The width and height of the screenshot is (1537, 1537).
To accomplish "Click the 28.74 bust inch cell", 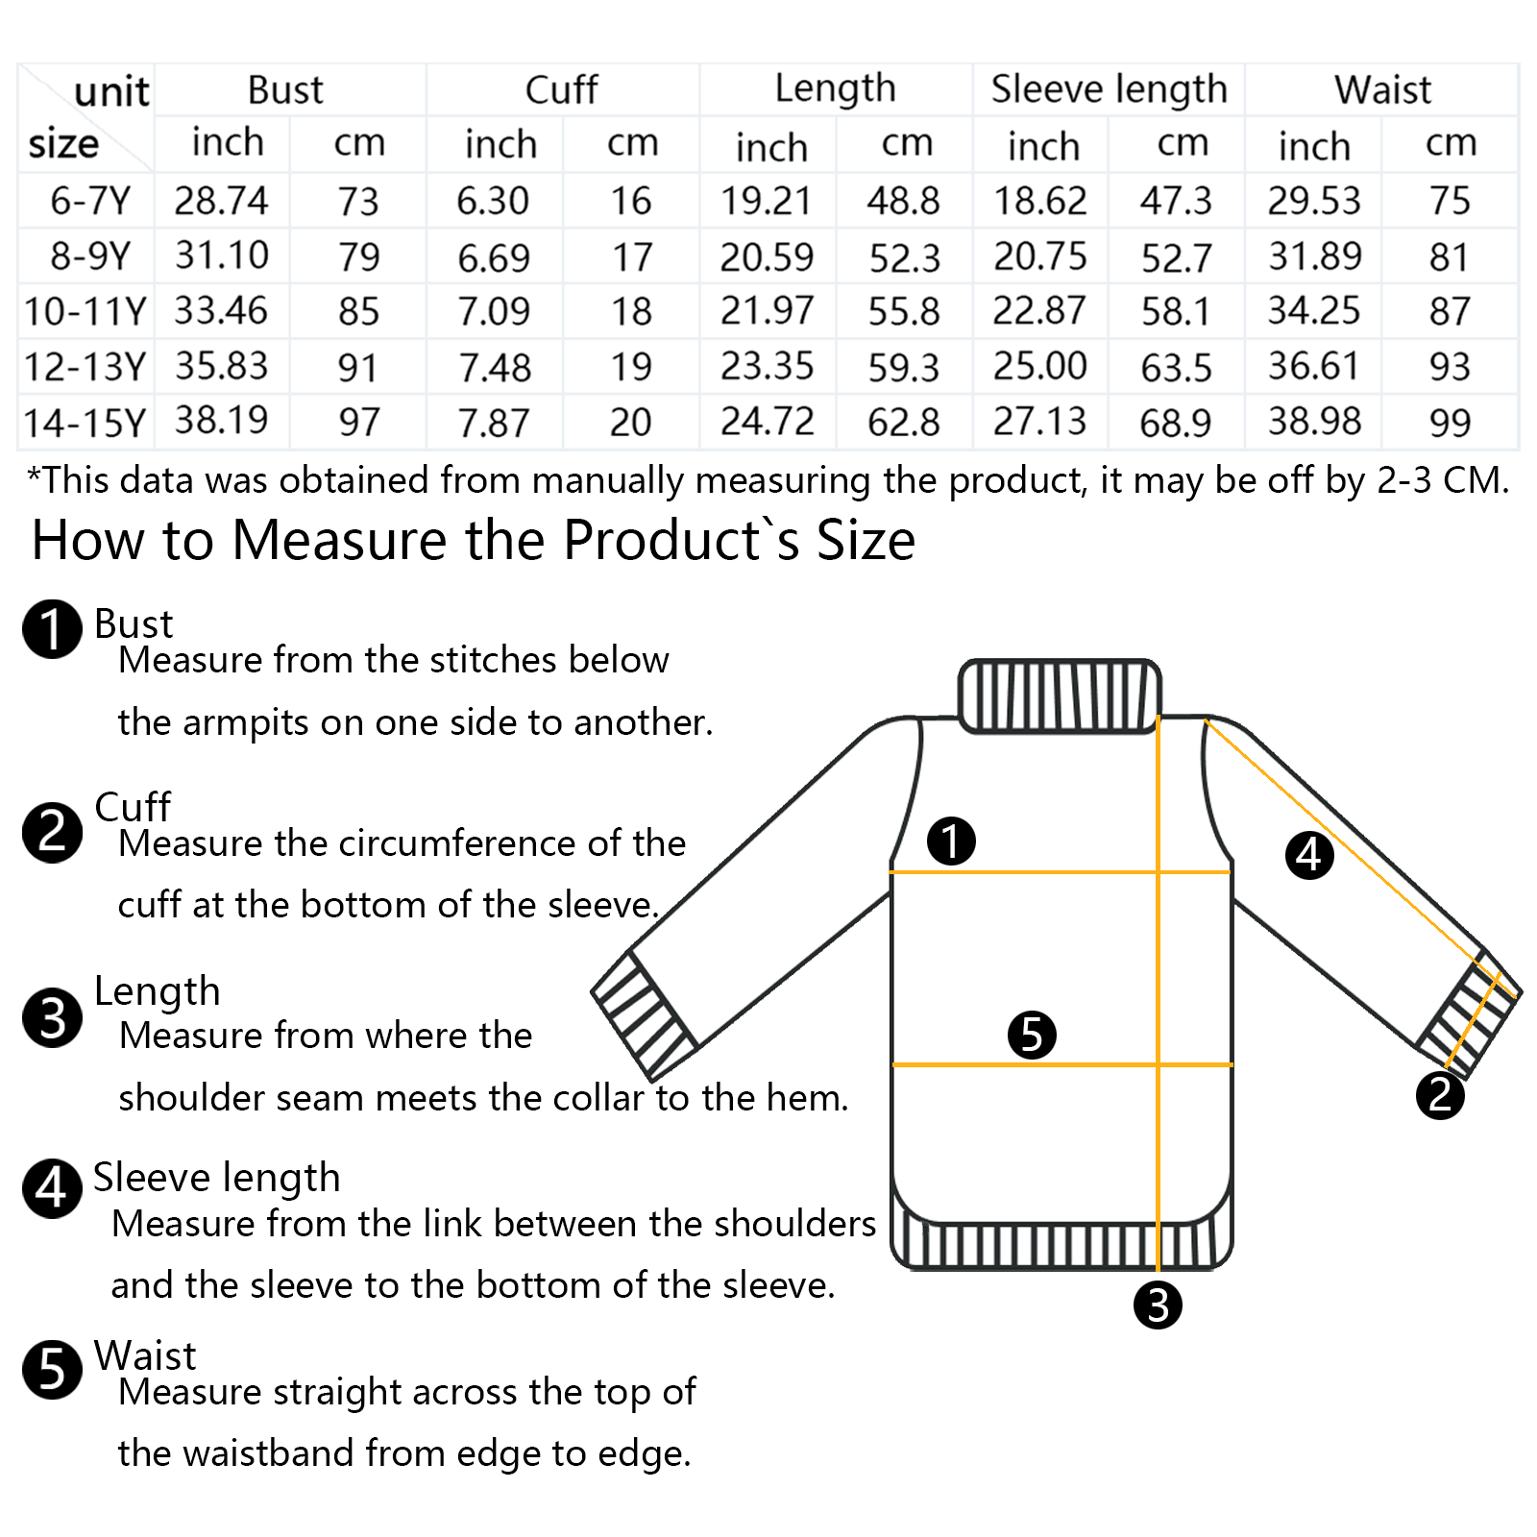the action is pos(221,201).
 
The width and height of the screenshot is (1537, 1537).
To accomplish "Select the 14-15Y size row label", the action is pos(85,423).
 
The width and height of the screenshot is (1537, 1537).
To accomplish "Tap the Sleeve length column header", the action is pos(1110,89).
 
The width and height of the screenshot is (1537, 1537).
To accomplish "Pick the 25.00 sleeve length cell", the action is pos(1040,366).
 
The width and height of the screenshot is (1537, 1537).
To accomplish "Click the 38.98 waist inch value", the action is pos(1314,422).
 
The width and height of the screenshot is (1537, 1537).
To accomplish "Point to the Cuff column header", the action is pos(562,89).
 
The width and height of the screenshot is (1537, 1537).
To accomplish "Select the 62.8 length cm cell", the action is pos(904,423).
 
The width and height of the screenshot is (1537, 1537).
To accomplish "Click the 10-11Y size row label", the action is pos(85,311).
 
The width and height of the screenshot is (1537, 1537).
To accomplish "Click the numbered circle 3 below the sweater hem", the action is pos(1158,1305).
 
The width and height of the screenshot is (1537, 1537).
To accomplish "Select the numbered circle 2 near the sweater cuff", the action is pos(1440,1095).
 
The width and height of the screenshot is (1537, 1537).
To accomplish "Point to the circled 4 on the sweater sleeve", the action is pos(1309,855).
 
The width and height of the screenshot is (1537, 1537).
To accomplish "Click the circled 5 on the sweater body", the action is pos(1032,1035).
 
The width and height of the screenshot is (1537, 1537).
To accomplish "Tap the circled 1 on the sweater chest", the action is pos(951,841).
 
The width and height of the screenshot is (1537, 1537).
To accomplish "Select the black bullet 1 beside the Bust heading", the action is pos(52,629).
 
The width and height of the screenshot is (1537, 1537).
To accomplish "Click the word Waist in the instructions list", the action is pos(145,1355).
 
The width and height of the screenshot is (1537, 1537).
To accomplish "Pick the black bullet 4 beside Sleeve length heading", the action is pos(52,1188).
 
